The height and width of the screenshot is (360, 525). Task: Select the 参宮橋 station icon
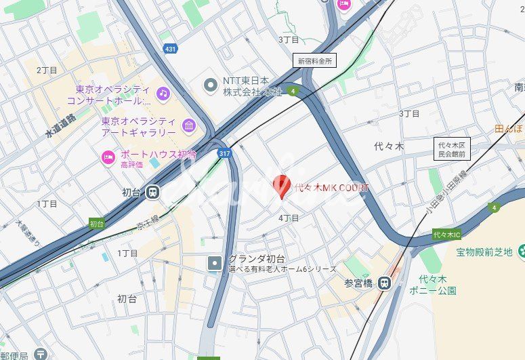[385, 282]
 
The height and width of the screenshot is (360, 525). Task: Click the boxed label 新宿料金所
[316, 60]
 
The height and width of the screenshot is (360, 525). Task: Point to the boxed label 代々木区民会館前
[452, 149]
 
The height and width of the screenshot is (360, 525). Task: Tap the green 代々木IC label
[446, 235]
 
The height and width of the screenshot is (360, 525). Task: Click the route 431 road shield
[170, 48]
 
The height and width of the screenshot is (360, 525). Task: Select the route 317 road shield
[224, 153]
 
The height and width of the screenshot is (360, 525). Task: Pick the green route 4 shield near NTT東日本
[293, 91]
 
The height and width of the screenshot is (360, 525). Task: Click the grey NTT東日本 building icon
[211, 85]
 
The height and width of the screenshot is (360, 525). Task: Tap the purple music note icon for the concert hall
[163, 94]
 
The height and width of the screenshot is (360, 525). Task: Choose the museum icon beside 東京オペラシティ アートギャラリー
[188, 125]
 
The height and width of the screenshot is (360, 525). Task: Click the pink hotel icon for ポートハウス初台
[108, 158]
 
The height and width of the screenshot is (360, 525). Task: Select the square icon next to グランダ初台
[215, 262]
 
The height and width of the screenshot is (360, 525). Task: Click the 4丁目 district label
[289, 218]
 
